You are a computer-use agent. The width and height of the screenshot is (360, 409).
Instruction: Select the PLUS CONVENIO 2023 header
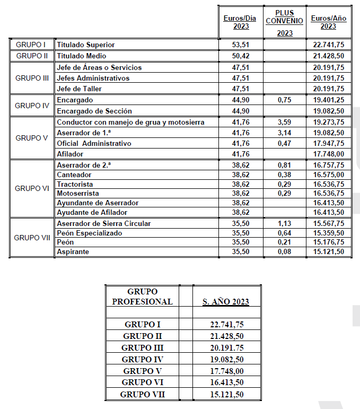285,22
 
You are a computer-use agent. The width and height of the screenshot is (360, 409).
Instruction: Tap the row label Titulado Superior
85,45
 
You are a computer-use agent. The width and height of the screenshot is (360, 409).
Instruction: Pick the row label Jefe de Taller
79,89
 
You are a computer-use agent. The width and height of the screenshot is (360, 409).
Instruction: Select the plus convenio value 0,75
285,100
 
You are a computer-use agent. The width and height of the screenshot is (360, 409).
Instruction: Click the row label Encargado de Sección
94,111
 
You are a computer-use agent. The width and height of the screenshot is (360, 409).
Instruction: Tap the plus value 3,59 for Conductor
285,123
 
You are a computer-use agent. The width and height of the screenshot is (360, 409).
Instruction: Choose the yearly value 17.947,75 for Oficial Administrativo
329,143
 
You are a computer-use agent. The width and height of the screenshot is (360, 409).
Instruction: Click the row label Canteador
74,175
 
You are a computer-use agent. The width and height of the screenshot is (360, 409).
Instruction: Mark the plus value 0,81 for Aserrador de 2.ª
285,165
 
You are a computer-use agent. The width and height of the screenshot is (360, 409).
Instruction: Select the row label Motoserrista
77,194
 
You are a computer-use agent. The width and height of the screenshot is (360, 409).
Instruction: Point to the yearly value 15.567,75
329,223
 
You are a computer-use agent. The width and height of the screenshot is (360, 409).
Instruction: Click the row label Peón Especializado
89,233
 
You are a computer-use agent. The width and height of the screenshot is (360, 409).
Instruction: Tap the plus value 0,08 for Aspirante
285,251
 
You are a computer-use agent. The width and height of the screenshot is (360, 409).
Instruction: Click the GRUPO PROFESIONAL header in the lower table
142,297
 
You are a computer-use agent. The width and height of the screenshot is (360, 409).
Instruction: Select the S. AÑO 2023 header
226,302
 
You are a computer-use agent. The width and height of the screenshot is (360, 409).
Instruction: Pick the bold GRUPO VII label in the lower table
142,394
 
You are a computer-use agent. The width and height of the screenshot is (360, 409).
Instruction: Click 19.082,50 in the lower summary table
226,359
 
